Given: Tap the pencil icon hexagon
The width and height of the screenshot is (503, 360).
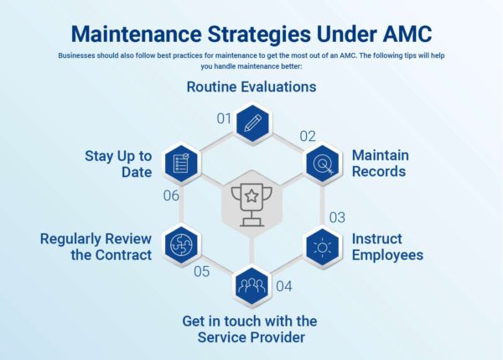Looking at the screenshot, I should [251, 123].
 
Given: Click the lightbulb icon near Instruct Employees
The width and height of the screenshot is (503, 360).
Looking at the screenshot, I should [321, 247].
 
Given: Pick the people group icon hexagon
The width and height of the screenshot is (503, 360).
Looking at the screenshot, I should [251, 288].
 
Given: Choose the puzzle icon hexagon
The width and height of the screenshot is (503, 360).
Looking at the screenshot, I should [181, 247].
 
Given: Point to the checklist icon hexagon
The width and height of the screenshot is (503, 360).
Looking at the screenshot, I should [181, 164].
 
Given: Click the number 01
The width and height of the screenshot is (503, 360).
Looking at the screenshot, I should [224, 118].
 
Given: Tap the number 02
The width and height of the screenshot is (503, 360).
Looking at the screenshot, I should [308, 135].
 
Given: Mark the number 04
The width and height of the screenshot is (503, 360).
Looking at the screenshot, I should [283, 286].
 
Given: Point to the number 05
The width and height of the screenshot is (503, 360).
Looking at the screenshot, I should [201, 271].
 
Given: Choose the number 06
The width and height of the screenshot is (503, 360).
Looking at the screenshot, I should [170, 196].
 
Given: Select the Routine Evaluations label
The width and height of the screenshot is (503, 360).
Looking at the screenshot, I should [251, 87].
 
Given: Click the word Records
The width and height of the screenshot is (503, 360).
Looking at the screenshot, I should [378, 172].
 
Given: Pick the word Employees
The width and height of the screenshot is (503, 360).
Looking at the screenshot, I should [386, 254].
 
